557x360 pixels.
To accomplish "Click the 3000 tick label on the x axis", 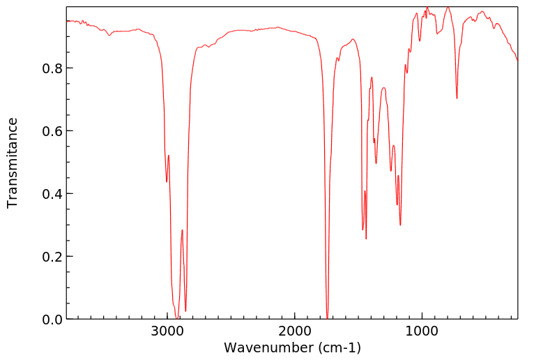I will [x=167, y=331].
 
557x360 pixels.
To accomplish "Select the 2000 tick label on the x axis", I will [x=295, y=331].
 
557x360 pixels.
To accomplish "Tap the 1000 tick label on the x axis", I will [x=422, y=331].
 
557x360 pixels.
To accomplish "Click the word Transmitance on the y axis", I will [x=13, y=163].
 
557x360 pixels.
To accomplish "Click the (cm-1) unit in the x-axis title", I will [x=339, y=347].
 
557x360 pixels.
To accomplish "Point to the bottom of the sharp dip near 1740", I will [x=328, y=317].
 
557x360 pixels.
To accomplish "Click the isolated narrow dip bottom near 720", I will [x=457, y=98].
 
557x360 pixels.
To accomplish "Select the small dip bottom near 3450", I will [x=109, y=36].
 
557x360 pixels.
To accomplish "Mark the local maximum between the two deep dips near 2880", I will [x=182, y=230].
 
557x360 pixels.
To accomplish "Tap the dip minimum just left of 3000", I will [x=167, y=182].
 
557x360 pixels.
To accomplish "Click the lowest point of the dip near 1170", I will [x=400, y=225].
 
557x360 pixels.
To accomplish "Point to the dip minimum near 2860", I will [x=185, y=311].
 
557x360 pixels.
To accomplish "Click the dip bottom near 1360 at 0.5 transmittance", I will [x=376, y=163].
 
